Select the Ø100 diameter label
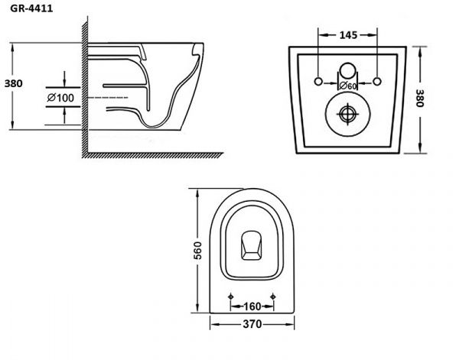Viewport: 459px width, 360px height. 60,98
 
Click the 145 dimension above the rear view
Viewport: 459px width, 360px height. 347,34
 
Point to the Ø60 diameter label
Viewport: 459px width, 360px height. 348,86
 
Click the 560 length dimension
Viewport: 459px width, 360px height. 197,249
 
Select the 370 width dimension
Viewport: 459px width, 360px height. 252,324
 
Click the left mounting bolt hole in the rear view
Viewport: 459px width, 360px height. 317,79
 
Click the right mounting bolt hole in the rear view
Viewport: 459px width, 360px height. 378,79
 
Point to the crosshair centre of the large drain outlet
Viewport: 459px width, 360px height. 347,113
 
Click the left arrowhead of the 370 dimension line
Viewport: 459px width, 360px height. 211,324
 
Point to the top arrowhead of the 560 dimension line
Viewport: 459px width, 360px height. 197,190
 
